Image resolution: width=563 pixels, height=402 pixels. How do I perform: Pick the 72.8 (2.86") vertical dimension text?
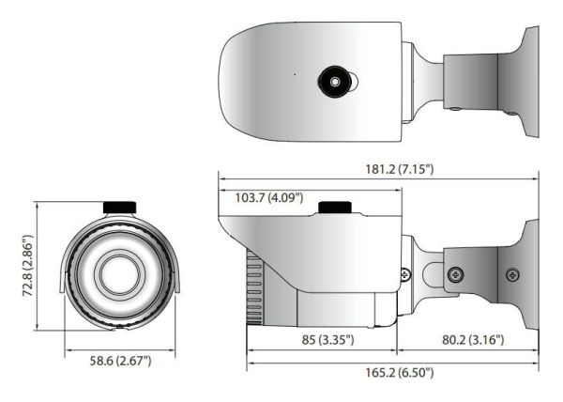(19, 266)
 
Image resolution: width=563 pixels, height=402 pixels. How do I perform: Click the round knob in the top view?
(334, 82)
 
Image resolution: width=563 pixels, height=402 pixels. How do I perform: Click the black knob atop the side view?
(334, 208)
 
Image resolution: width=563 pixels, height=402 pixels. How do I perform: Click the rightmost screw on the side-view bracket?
(511, 274)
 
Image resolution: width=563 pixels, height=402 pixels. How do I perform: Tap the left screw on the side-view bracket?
(454, 274)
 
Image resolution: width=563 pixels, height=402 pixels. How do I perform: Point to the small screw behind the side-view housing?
(404, 273)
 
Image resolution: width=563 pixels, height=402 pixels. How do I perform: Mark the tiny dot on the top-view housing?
(293, 74)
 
